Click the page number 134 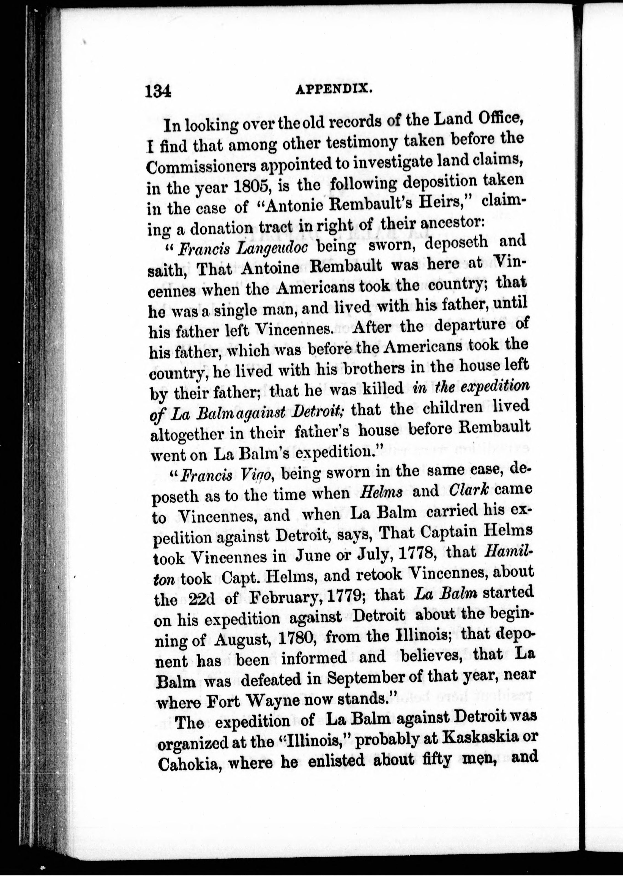point(158,92)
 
